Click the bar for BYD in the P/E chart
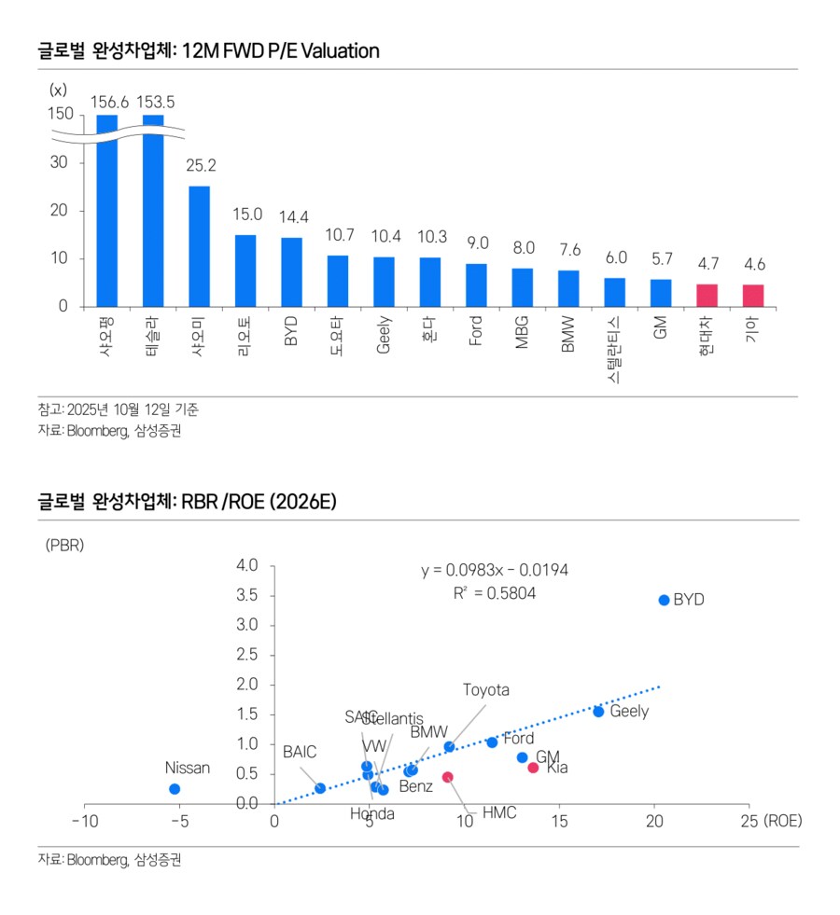(291, 272)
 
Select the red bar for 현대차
(707, 296)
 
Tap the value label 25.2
(200, 165)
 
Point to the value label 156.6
(108, 101)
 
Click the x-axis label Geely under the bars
(384, 334)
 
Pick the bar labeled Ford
(476, 285)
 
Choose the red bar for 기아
(753, 296)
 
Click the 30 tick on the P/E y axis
(60, 162)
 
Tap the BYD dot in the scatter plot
(664, 600)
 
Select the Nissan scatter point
(175, 788)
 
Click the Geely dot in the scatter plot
(598, 711)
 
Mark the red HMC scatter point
(448, 777)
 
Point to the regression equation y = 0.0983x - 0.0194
(495, 570)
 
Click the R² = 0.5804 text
(495, 592)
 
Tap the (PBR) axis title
(64, 546)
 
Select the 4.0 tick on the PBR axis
(247, 565)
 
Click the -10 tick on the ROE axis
(84, 821)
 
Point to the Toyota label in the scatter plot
(486, 690)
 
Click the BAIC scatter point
(320, 788)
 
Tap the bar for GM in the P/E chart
(661, 293)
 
